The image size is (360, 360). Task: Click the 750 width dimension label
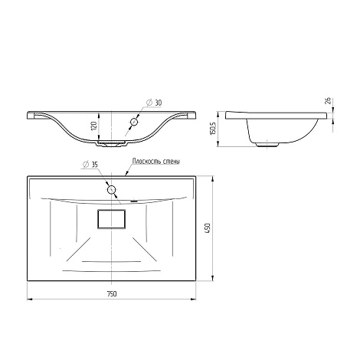[112, 294]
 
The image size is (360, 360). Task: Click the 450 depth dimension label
[208, 227]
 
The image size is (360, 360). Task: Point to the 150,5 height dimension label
[214, 129]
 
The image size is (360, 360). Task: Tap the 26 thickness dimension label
[329, 100]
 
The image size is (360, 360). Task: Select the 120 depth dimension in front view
[94, 126]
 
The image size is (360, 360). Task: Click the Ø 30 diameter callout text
[154, 103]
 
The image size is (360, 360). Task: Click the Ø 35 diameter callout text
[90, 165]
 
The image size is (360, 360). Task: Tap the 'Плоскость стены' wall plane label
[156, 162]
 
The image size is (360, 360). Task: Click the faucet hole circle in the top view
[111, 190]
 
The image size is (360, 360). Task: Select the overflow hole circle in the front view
[134, 122]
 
